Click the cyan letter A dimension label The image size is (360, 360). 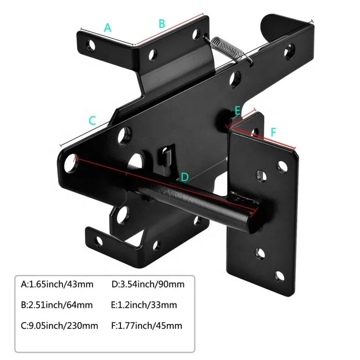(108, 28)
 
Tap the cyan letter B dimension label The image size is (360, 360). (162, 23)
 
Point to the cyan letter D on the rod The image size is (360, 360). (184, 177)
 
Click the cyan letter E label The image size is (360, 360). (237, 111)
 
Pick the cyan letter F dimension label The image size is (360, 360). (273, 131)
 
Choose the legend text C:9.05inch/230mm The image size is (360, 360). (60, 326)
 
